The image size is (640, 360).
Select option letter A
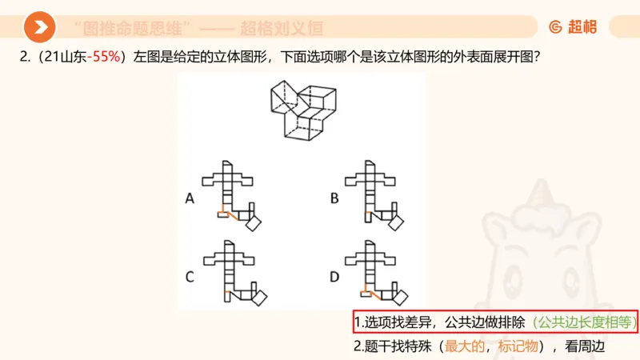pyautogui.click(x=190, y=199)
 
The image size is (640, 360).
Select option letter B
pyautogui.click(x=335, y=199)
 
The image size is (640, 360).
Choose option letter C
pyautogui.click(x=190, y=278)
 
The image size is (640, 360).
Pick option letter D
pyautogui.click(x=335, y=278)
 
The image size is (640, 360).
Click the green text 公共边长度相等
pyautogui.click(x=583, y=322)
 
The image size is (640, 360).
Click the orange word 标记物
pyautogui.click(x=518, y=346)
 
